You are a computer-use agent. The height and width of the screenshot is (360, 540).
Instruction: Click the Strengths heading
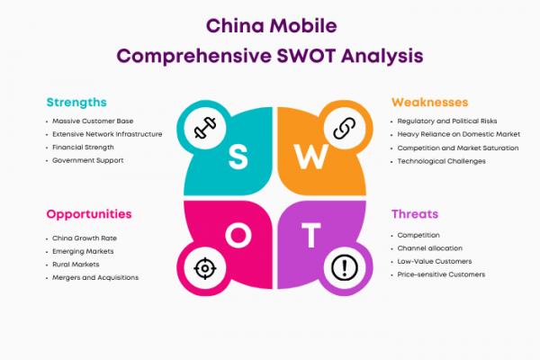(x=76, y=103)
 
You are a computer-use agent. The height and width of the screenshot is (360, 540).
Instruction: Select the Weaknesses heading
(x=430, y=103)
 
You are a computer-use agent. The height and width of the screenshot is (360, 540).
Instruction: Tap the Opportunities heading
(x=89, y=214)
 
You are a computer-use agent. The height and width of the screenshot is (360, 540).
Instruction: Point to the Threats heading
(x=415, y=214)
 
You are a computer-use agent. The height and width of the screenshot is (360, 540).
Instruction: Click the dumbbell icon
(x=205, y=128)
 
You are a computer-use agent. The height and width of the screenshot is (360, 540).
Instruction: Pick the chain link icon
(x=345, y=128)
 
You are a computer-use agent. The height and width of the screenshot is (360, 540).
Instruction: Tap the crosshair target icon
(x=205, y=268)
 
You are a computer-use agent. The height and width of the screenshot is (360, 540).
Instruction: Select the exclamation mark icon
(x=345, y=267)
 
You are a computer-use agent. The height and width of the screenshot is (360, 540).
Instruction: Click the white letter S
(x=238, y=157)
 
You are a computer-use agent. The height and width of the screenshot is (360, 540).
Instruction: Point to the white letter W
(x=310, y=157)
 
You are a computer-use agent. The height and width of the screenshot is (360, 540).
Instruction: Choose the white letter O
(x=238, y=235)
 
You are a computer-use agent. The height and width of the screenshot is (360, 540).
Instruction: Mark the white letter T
(x=311, y=235)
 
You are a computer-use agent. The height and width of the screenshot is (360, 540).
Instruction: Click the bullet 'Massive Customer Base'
(x=93, y=121)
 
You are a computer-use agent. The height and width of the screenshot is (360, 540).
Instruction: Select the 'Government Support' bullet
(x=88, y=160)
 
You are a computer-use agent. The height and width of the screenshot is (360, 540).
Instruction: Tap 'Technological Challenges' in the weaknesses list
(x=442, y=161)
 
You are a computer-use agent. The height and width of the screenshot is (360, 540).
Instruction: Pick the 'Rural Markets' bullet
(x=76, y=265)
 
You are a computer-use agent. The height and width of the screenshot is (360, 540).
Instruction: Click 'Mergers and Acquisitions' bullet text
(x=95, y=278)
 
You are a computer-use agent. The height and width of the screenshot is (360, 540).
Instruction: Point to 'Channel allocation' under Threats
(x=430, y=248)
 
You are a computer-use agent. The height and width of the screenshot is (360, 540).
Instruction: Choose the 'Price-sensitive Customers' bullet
(x=441, y=274)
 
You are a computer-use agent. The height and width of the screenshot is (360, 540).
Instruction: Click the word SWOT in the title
(x=306, y=56)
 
